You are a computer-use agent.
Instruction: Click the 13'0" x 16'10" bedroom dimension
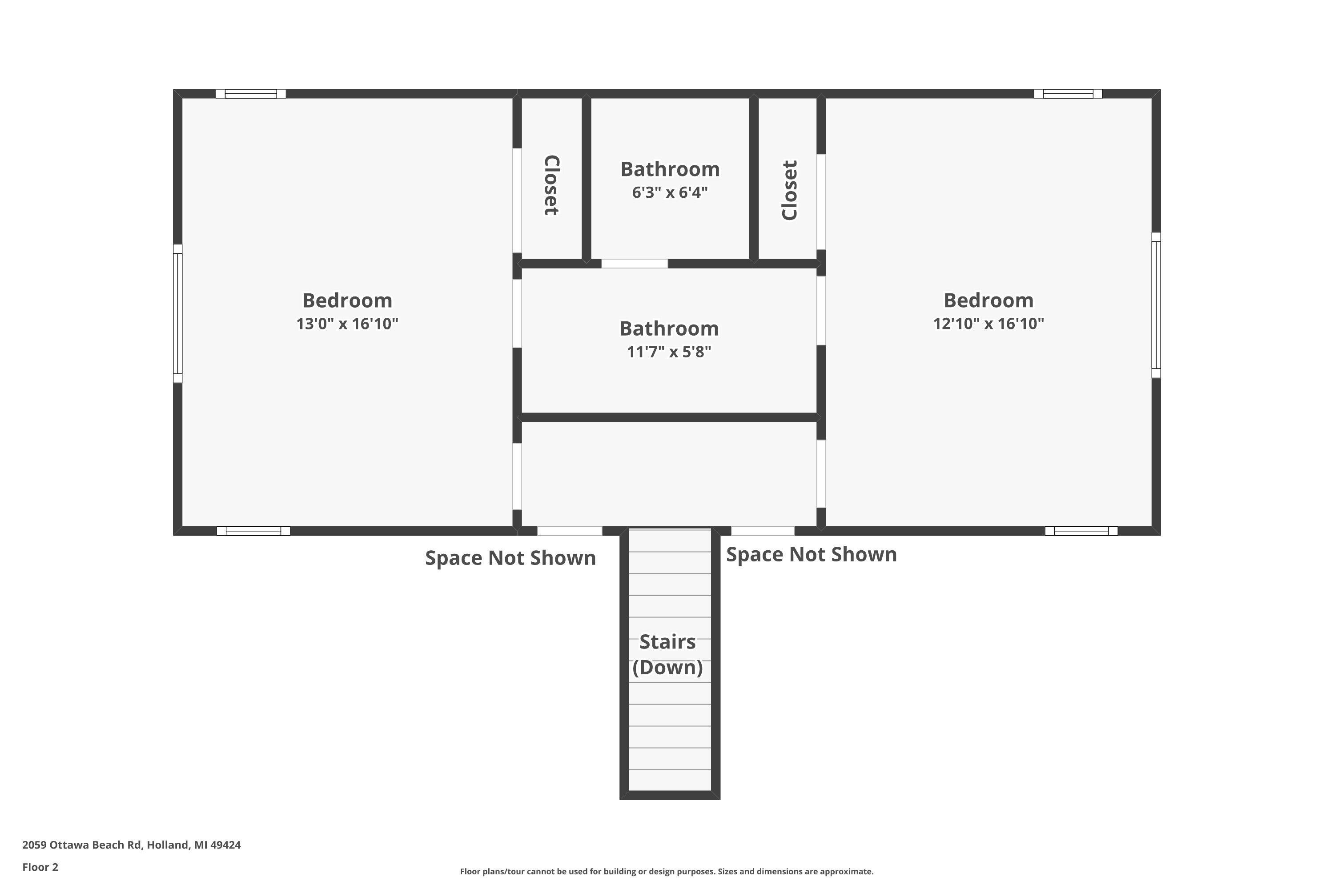(347, 324)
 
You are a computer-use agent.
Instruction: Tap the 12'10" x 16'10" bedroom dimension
(988, 324)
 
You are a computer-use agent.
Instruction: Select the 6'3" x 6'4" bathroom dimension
(670, 193)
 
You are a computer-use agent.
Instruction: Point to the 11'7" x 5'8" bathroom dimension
(669, 352)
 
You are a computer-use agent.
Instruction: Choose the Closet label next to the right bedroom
(790, 190)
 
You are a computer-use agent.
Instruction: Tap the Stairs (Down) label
(667, 654)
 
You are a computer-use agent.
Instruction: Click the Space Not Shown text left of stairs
(510, 558)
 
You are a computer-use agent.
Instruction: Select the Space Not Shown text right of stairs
(811, 554)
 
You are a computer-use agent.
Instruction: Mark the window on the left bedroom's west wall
(177, 313)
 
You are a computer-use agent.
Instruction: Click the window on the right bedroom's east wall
(1156, 305)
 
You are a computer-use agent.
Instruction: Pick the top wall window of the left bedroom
(251, 93)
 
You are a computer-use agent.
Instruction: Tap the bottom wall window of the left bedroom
(253, 531)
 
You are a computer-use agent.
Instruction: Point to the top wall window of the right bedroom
(1068, 93)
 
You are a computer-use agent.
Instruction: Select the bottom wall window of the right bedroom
(1081, 531)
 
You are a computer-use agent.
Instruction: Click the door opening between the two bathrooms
(635, 264)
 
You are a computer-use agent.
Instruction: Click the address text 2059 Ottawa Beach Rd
(132, 845)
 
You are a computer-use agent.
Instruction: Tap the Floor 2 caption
(40, 867)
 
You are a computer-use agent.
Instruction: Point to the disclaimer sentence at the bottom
(667, 871)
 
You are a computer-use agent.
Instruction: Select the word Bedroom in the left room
(347, 300)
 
